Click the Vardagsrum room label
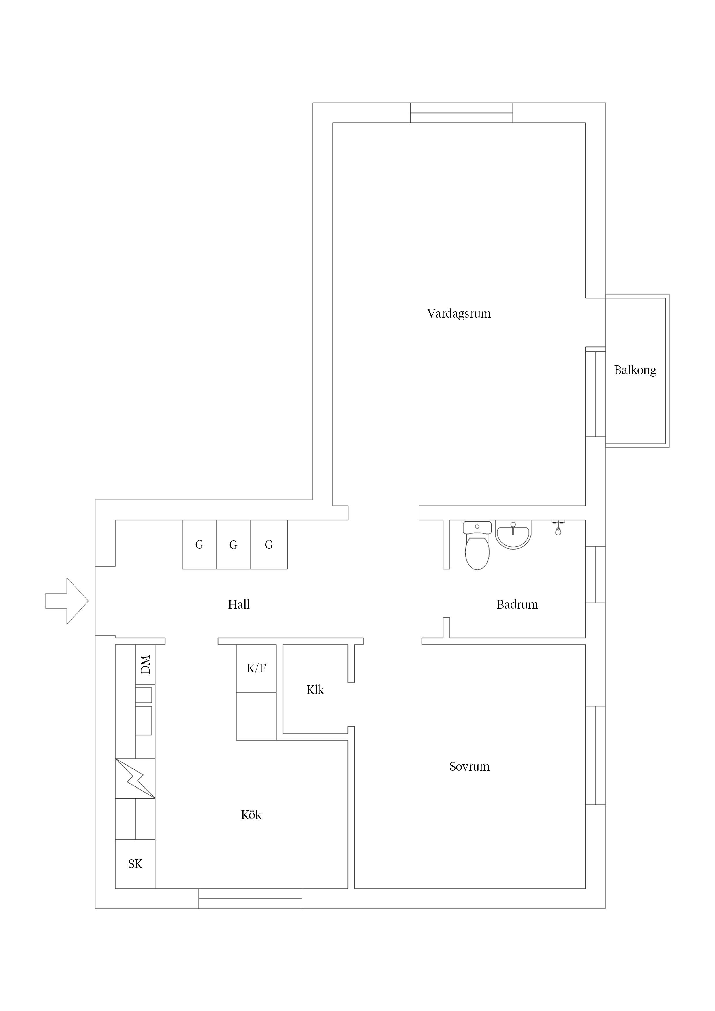click(459, 314)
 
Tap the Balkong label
click(635, 370)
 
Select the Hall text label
click(238, 605)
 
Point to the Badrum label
click(517, 605)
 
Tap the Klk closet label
click(315, 690)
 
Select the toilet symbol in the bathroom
click(477, 546)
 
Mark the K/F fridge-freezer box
click(256, 668)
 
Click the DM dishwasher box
click(145, 665)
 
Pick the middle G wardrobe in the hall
click(234, 545)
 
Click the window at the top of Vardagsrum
click(461, 113)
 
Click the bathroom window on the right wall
click(595, 575)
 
